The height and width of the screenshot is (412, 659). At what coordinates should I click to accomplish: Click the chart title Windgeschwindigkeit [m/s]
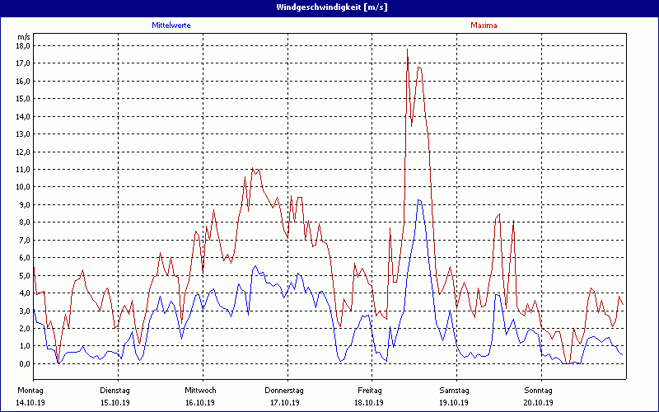(x=330, y=7)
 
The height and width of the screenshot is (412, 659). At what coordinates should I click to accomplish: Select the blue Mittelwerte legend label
(x=177, y=26)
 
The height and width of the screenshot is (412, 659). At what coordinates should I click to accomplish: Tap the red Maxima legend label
(x=484, y=26)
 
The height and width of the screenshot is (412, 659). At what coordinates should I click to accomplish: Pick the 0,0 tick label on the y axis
(x=23, y=363)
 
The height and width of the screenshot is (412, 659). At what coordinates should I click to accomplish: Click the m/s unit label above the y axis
(x=23, y=36)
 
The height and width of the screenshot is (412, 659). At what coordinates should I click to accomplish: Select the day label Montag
(x=30, y=390)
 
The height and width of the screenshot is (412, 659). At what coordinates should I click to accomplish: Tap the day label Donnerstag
(x=284, y=390)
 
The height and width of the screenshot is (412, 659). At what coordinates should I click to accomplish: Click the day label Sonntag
(x=538, y=390)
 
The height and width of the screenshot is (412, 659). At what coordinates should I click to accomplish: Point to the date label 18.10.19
(x=369, y=403)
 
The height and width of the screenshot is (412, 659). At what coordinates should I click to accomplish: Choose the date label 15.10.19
(x=115, y=403)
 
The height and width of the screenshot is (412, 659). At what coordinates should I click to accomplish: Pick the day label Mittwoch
(x=200, y=390)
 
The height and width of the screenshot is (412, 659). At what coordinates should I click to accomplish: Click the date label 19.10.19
(x=454, y=403)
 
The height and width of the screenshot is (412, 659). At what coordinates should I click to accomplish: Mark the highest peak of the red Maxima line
(x=407, y=49)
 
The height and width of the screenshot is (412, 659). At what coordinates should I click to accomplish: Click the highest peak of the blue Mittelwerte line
(x=418, y=200)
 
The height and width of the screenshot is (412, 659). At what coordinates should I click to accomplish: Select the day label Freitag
(x=369, y=390)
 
